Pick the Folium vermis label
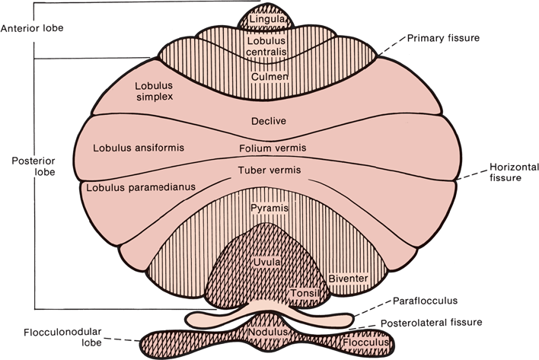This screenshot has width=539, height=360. pyautogui.click(x=267, y=148)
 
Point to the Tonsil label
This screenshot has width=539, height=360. pyautogui.click(x=303, y=292)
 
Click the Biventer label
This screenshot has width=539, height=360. pyautogui.click(x=349, y=279)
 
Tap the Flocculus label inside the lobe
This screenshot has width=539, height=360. pyautogui.click(x=368, y=344)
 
